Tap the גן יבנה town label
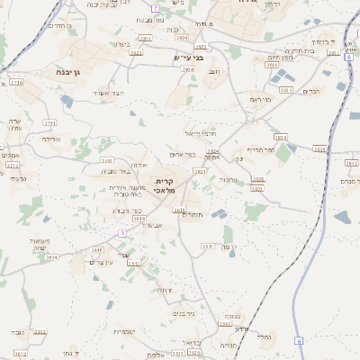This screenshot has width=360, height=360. pyautogui.click(x=62, y=70)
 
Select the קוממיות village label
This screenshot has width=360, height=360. pyautogui.click(x=125, y=332)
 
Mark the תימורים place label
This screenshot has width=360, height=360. pyautogui.click(x=193, y=214)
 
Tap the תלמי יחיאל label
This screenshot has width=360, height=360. pyautogui.click(x=199, y=132)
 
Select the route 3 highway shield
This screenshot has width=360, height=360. pyautogui.click(x=122, y=232)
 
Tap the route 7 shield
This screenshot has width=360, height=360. pyautogui.click(x=155, y=8)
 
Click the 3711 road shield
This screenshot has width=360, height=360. pyautogui.click(x=49, y=122)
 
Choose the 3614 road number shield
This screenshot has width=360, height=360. pyautogui.click(x=51, y=256)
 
